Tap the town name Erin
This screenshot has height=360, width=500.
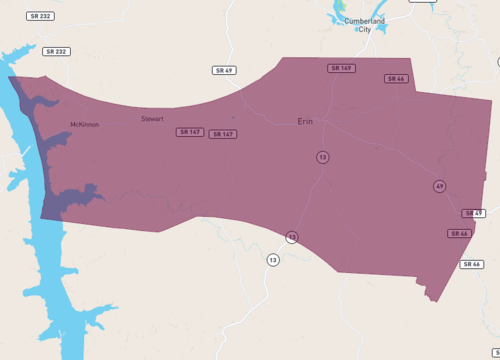pos(305,121)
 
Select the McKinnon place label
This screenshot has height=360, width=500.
pos(84,124)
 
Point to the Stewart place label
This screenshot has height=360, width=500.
pos(152,118)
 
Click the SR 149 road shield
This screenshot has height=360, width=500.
pos(341,68)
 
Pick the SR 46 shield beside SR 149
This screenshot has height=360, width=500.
pos(396,78)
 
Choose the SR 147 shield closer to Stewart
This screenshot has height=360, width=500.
pos(189,132)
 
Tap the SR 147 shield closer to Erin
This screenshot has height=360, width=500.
pos(223,134)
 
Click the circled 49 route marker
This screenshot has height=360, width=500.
pos(439,186)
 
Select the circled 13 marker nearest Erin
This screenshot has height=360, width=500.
pos(322,157)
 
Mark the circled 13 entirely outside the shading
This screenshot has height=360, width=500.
pos(272,260)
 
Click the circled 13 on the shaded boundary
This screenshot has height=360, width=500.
pos(292,237)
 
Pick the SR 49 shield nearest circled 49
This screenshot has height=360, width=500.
pos(473,214)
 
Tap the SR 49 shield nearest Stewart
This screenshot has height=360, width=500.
pos(224,70)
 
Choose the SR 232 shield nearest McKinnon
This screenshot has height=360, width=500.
pos(57,51)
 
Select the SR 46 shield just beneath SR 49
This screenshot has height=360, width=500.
pos(459,233)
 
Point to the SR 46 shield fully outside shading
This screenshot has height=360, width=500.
pos(472,264)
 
